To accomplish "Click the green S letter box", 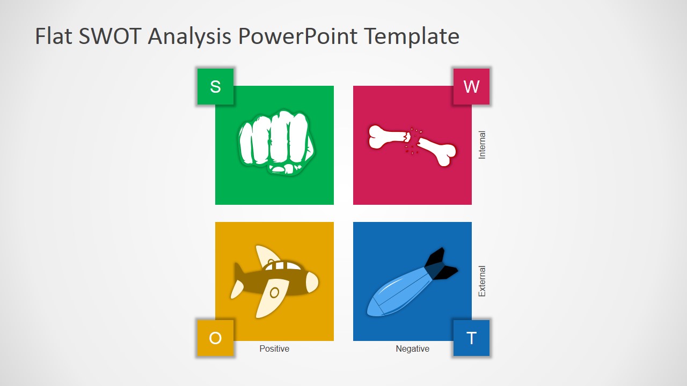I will (x=215, y=86).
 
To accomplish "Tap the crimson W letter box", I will (x=471, y=86).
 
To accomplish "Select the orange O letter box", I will (x=215, y=338).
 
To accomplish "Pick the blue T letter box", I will (x=471, y=338).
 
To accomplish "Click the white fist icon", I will (x=276, y=142).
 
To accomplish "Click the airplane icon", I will (x=274, y=280).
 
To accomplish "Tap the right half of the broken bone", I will (x=437, y=151).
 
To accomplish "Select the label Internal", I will (x=482, y=145).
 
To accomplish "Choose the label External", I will (x=482, y=281).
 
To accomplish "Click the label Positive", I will (x=274, y=348).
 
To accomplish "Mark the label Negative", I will (x=412, y=348).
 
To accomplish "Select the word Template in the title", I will (x=412, y=36).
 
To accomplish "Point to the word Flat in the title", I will (x=53, y=36).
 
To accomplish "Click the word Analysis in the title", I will (x=189, y=36).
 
